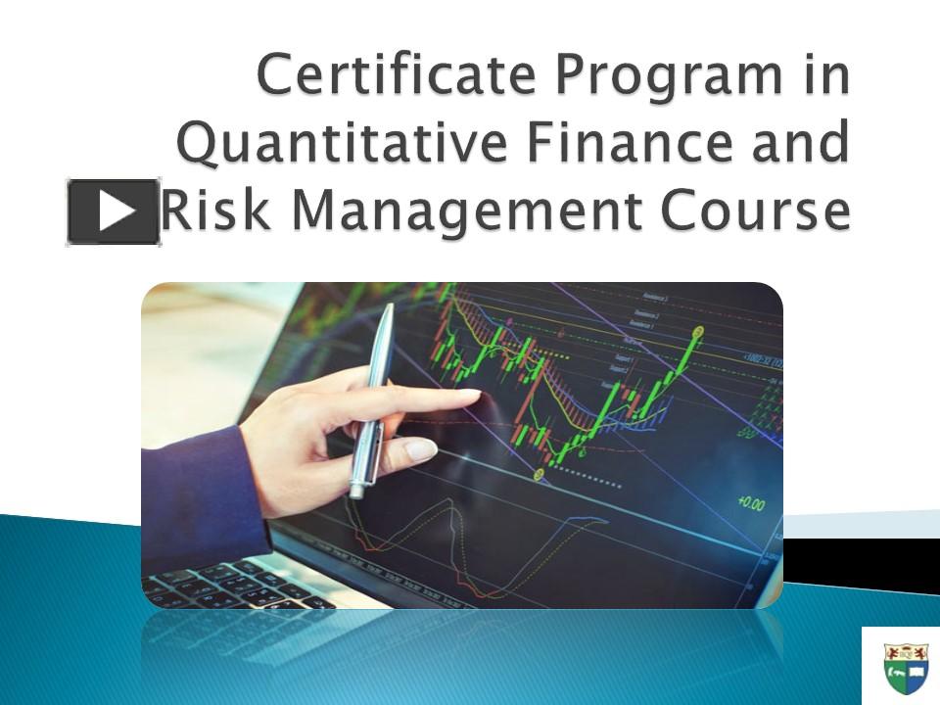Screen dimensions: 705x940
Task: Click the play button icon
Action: [x=113, y=211]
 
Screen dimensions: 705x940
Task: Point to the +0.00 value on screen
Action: [x=751, y=503]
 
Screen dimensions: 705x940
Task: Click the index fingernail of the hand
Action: [x=464, y=396]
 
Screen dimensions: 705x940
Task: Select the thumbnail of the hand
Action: [x=420, y=449]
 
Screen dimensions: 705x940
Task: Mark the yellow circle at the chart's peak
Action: [x=698, y=331]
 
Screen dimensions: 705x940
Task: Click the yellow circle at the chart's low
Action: [x=538, y=475]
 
